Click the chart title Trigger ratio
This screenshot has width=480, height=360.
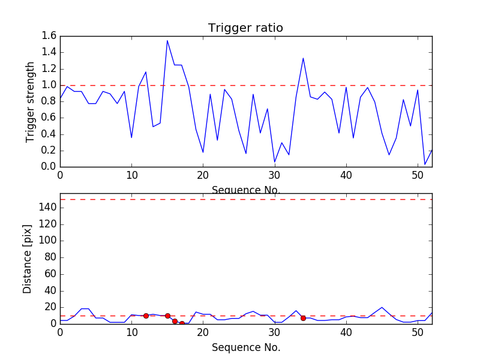[x=245, y=28]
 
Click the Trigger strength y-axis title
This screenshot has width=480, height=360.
[x=31, y=102]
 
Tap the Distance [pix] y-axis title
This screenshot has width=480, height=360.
[x=28, y=265]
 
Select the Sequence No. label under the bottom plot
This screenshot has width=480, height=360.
[x=246, y=347]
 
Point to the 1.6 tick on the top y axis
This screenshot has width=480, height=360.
[x=49, y=36]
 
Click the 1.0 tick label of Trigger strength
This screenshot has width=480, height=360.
[x=49, y=85]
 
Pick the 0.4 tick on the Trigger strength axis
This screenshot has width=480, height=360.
[x=49, y=134]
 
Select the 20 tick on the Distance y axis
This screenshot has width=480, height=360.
[x=49, y=307]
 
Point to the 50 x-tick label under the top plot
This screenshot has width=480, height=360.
[x=418, y=175]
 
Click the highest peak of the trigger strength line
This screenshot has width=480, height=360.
[x=167, y=41]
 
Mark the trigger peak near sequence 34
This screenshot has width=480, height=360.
[x=303, y=58]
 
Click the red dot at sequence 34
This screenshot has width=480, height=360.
[x=303, y=318]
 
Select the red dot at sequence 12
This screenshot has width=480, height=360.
[x=146, y=316]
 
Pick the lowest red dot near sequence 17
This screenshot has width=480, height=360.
[x=182, y=323]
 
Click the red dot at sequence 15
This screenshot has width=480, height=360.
[x=167, y=316]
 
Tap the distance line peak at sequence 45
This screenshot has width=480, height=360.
[x=382, y=307]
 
